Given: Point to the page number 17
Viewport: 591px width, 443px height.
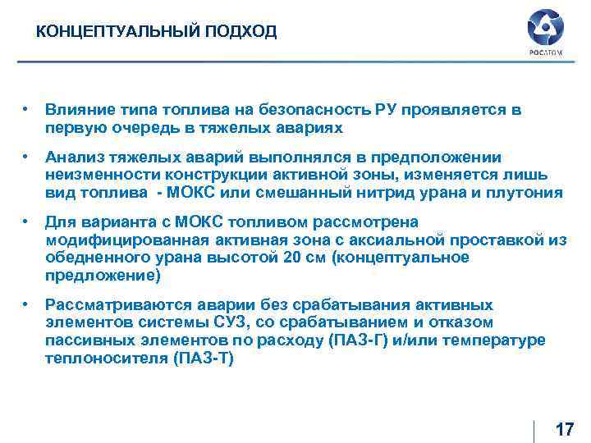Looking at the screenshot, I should [x=564, y=429].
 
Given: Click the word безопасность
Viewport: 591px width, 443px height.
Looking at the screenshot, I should [x=315, y=109].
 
